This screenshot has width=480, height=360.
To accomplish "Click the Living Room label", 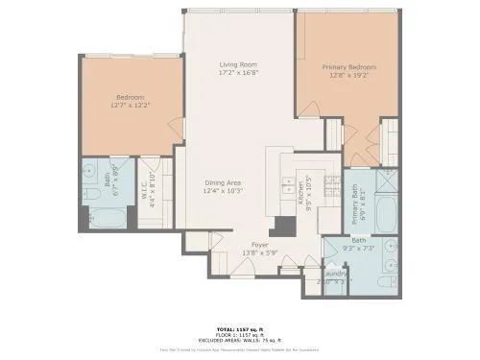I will (x=239, y=64).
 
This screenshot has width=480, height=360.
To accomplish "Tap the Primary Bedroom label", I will (x=348, y=67).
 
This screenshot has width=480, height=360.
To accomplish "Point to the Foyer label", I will (x=259, y=245).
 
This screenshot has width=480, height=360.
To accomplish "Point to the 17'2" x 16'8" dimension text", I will (x=239, y=73).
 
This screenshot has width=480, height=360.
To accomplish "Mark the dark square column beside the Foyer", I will (x=282, y=226).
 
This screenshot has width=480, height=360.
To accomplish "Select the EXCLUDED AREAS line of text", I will (x=239, y=341).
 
